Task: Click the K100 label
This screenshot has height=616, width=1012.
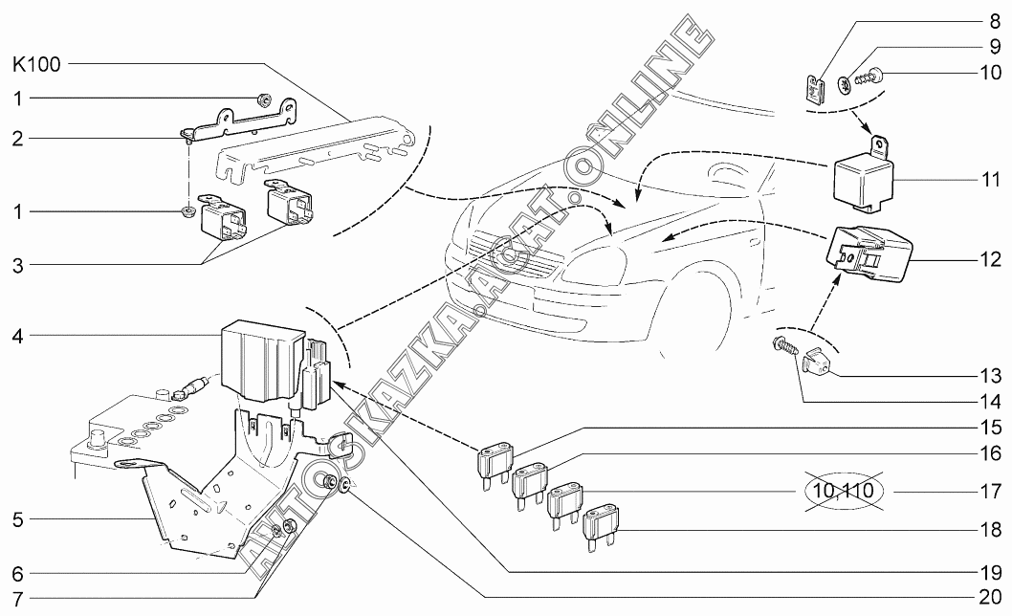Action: point(35,66)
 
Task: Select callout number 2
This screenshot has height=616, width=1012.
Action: point(17,139)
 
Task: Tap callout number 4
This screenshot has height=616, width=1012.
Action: point(17,336)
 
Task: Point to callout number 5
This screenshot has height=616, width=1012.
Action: point(17,521)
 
